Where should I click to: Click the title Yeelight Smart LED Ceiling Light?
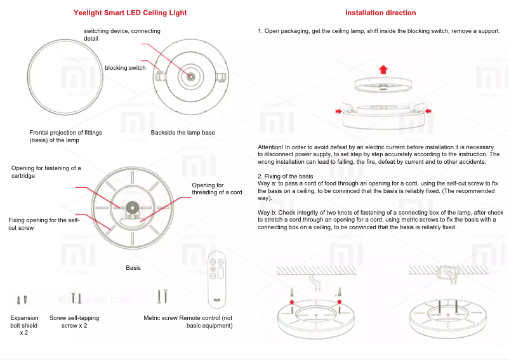click(x=130, y=13)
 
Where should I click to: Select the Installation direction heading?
click(x=381, y=13)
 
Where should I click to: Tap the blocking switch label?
click(x=125, y=68)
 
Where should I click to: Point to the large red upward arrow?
click(x=383, y=69)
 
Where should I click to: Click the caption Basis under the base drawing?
click(x=133, y=268)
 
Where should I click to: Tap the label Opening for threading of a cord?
click(x=216, y=189)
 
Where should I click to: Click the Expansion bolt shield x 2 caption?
click(x=24, y=325)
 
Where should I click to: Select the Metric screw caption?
click(x=161, y=318)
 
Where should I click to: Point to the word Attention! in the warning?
click(x=270, y=147)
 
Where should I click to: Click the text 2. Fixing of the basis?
click(x=285, y=175)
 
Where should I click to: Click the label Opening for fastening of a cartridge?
click(x=46, y=171)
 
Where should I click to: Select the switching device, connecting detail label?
click(x=122, y=35)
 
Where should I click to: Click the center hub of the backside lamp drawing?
click(x=190, y=76)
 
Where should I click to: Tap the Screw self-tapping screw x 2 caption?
click(x=74, y=321)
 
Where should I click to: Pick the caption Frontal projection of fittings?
click(x=65, y=136)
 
